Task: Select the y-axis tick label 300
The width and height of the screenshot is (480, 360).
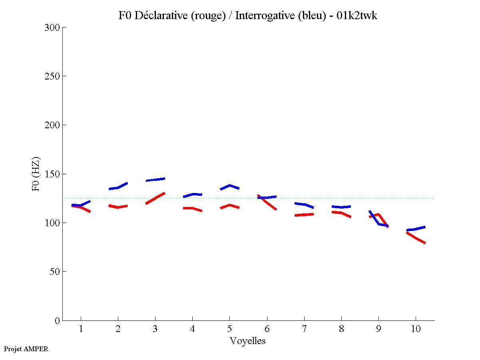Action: click(53, 28)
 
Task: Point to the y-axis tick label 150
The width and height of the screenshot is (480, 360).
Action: click(53, 174)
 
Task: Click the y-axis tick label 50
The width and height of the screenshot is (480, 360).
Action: click(55, 272)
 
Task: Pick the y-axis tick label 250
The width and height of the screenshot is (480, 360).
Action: click(53, 76)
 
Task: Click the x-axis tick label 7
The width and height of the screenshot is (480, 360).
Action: click(304, 329)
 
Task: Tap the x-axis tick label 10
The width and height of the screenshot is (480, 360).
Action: click(416, 329)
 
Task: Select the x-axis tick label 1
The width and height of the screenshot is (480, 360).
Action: click(81, 329)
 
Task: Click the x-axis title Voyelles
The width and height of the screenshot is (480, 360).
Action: click(247, 341)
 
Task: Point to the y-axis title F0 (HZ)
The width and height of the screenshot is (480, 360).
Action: click(36, 174)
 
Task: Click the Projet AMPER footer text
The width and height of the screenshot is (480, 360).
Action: click(26, 349)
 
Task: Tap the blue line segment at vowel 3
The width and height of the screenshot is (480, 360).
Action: click(155, 179)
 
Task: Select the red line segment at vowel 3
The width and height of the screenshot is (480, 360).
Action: click(155, 198)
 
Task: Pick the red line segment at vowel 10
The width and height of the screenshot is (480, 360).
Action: click(416, 238)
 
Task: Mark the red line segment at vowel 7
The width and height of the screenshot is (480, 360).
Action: click(304, 215)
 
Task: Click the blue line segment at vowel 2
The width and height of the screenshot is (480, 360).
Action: click(118, 187)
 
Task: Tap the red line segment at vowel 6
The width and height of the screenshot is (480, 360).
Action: click(267, 202)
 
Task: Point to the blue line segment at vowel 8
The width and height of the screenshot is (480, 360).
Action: click(341, 207)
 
